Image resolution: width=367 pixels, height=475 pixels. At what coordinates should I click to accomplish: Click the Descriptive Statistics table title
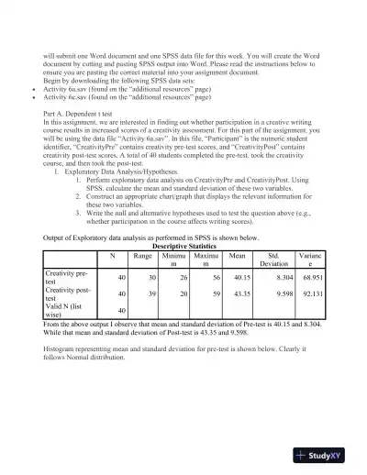click(x=183, y=245)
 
